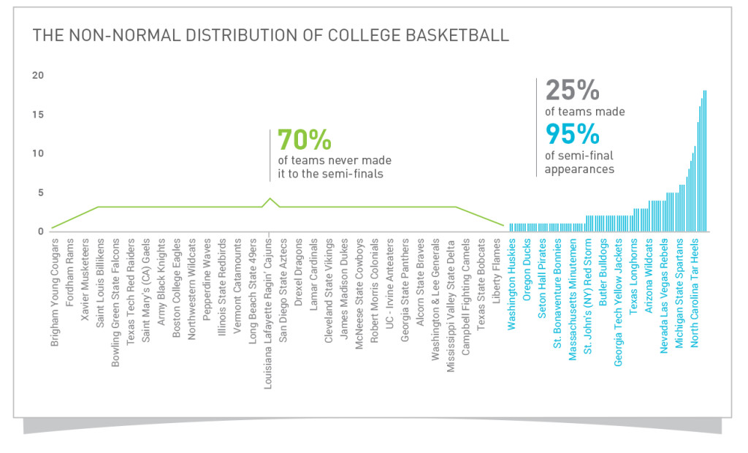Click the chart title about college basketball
coord(271,36)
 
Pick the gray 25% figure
coord(573,91)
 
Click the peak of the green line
coord(271,199)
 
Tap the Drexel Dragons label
coord(299,270)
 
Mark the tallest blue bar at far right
coord(705,161)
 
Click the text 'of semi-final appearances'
coord(580,162)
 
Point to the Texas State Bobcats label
coord(482,279)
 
